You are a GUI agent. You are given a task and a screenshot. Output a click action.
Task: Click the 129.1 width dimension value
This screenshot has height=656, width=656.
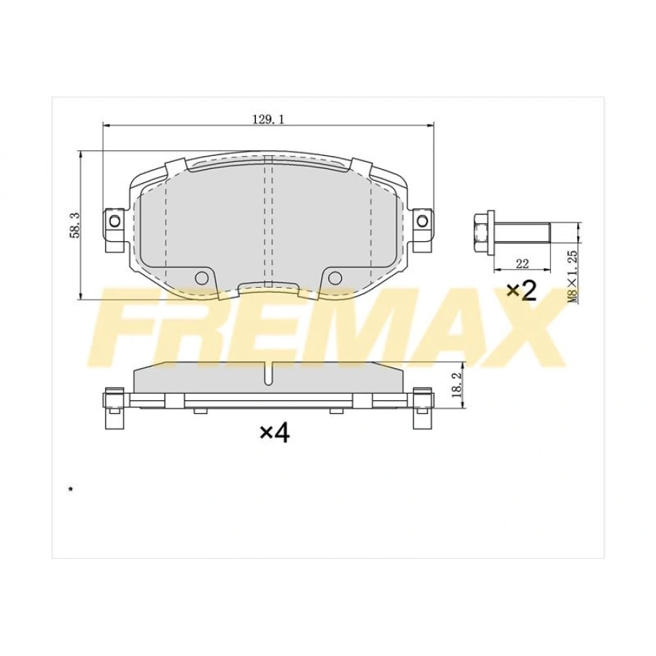point(268,118)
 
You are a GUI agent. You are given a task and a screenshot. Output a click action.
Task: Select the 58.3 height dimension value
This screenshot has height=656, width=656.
point(73,224)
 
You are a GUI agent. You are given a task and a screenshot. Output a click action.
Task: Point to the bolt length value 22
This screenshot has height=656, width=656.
point(522,263)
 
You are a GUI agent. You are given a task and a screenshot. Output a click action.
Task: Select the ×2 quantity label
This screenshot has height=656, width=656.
point(522,291)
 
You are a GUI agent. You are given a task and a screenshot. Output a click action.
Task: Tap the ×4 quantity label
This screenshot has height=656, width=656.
point(275,433)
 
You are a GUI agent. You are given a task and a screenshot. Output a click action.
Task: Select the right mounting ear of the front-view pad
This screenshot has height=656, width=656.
point(422,221)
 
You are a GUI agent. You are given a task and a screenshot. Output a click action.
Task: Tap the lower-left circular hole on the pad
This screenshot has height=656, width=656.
point(203,277)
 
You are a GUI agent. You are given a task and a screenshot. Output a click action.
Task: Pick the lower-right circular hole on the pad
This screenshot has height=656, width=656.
point(335,277)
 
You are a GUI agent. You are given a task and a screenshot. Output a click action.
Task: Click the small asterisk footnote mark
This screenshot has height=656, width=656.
point(70,489)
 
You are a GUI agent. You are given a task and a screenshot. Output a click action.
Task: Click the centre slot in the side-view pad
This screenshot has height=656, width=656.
point(268,373)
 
